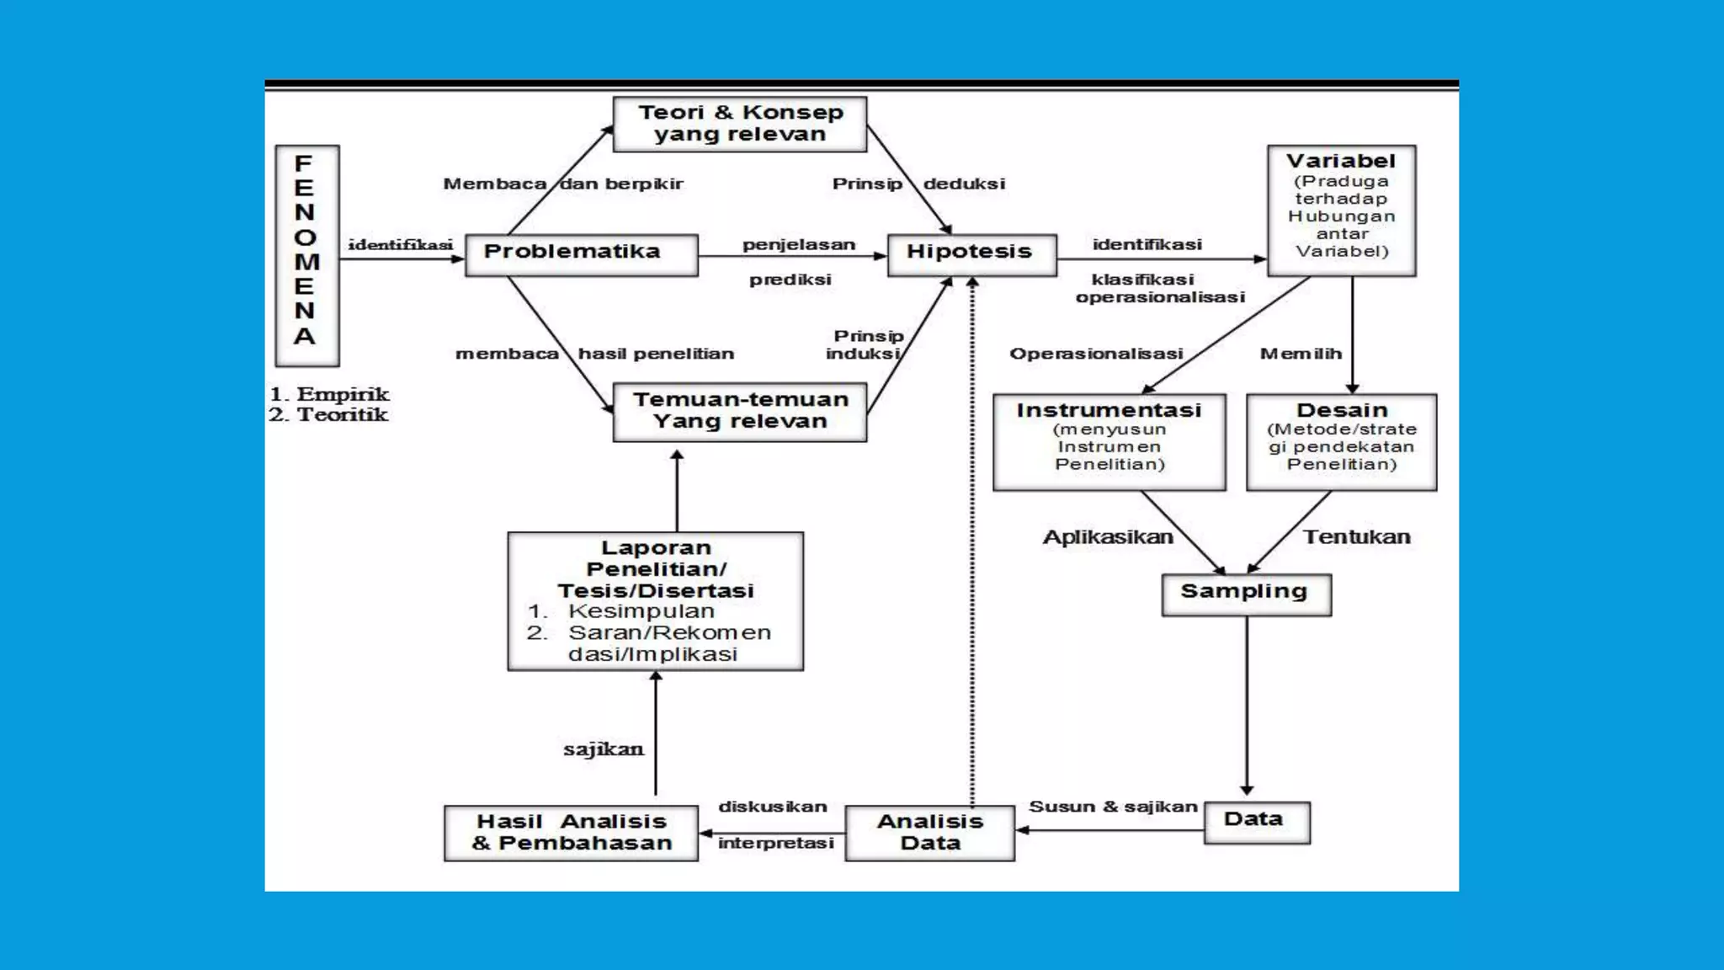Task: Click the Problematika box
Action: point(581,254)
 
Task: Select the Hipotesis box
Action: point(971,254)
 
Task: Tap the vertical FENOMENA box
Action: point(306,254)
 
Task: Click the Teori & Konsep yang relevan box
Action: point(739,124)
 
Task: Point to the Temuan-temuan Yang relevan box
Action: point(739,411)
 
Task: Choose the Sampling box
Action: point(1245,594)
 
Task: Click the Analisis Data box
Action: point(929,832)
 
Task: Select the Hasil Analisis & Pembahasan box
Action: point(571,832)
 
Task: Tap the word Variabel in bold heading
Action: point(1340,161)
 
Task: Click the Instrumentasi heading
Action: point(1108,410)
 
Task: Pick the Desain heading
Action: point(1341,410)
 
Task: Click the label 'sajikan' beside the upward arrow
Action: point(603,749)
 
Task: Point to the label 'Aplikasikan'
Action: point(1107,537)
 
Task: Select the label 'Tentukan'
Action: point(1356,537)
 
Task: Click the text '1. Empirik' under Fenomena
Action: point(329,394)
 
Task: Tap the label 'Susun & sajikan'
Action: point(1112,807)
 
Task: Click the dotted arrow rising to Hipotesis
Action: point(972,539)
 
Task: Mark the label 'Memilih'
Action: point(1300,354)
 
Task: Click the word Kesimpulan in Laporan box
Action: point(641,611)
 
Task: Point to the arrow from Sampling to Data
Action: point(1247,703)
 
